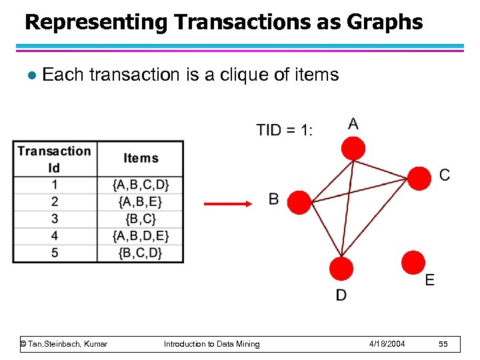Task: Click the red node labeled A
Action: (x=353, y=148)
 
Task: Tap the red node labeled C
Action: (x=419, y=178)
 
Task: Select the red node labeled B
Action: (x=300, y=202)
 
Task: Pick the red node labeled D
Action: (x=341, y=269)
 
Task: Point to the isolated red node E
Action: (x=413, y=261)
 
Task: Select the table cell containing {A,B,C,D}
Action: (x=140, y=184)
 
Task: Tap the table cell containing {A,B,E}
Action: (x=140, y=201)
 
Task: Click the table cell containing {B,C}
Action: (x=140, y=219)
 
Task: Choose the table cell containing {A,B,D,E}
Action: (x=140, y=236)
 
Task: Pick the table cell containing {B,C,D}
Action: (x=140, y=253)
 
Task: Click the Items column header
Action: (x=140, y=159)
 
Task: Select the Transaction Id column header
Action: (x=55, y=159)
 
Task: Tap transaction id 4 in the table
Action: (x=55, y=236)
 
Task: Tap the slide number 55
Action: (x=443, y=344)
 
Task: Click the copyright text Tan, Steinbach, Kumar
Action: (x=64, y=344)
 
